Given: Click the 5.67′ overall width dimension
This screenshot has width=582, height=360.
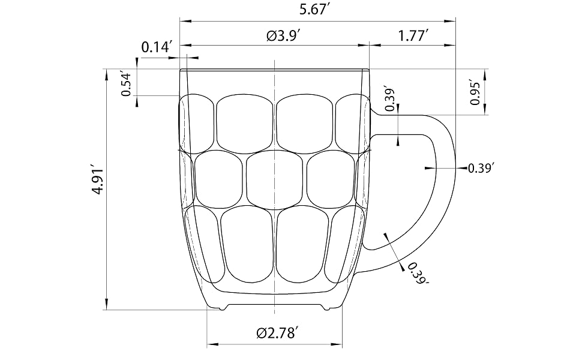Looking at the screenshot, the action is pos(315,10).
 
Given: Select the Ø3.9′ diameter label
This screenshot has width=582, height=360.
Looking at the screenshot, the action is pos(283,36).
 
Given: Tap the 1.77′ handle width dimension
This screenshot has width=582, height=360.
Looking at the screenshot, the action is pos(413,36).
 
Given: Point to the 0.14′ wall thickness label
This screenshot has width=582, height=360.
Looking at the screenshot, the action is pos(157,47).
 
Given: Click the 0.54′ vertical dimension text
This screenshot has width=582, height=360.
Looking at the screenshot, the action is pos(127,85).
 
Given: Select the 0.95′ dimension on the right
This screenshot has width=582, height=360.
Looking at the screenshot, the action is pos(475,92).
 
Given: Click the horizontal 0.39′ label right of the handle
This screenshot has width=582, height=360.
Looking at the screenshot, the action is pos(481,168).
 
